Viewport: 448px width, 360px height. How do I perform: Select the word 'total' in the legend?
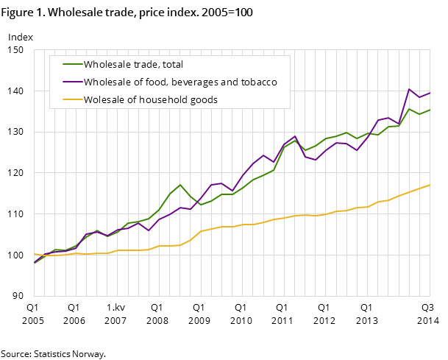pyautogui.click(x=171, y=65)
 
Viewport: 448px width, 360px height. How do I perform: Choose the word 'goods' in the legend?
pyautogui.click(x=204, y=100)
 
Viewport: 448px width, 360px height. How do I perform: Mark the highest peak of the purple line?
pyautogui.click(x=409, y=89)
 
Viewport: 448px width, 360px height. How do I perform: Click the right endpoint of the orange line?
pyautogui.click(x=430, y=185)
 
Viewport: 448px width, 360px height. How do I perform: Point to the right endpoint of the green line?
pyautogui.click(x=430, y=110)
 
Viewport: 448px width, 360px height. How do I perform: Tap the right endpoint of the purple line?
pyautogui.click(x=430, y=93)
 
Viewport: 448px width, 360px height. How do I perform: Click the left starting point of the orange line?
pyautogui.click(x=35, y=254)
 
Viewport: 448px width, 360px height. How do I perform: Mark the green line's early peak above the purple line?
pyautogui.click(x=180, y=185)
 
